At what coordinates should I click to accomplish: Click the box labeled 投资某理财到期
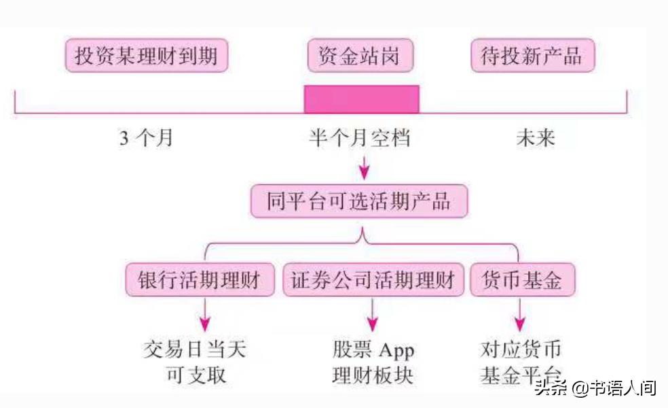click(x=146, y=56)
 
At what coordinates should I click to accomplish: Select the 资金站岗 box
click(x=360, y=56)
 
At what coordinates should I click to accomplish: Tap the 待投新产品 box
click(x=532, y=56)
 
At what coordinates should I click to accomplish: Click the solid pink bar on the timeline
click(x=361, y=99)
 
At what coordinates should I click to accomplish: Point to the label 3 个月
click(x=147, y=138)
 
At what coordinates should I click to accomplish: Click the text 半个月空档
click(x=360, y=138)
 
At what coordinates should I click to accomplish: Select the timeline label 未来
click(x=535, y=138)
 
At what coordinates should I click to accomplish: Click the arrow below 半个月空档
click(x=365, y=166)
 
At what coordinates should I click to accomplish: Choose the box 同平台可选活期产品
click(x=359, y=202)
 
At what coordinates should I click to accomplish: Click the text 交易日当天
click(x=196, y=350)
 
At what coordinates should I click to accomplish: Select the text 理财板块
click(x=372, y=375)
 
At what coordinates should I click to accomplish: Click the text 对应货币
click(x=521, y=350)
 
